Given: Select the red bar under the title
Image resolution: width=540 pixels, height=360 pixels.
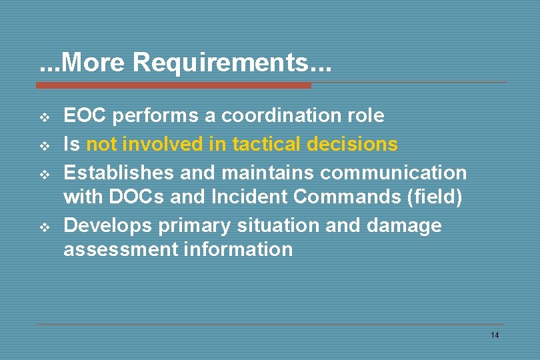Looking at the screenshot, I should (173, 85).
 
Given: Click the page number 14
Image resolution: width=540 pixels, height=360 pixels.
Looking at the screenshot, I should (494, 335).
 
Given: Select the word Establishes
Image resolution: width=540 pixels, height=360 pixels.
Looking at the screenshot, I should (119, 173).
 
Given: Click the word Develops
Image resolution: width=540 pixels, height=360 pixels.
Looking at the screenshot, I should (108, 225).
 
